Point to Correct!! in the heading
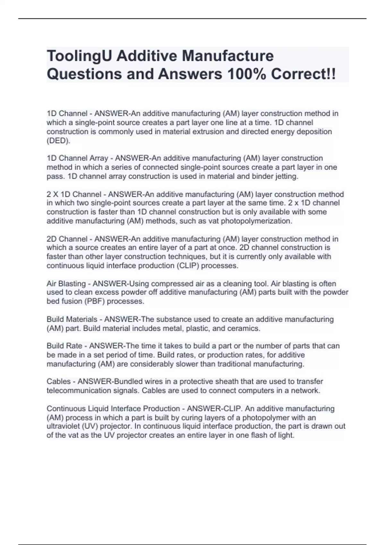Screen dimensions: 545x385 coord(303,74)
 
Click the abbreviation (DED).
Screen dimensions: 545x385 coord(58,141)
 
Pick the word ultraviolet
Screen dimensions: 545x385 coord(62,426)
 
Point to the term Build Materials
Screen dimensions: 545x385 coord(72,319)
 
